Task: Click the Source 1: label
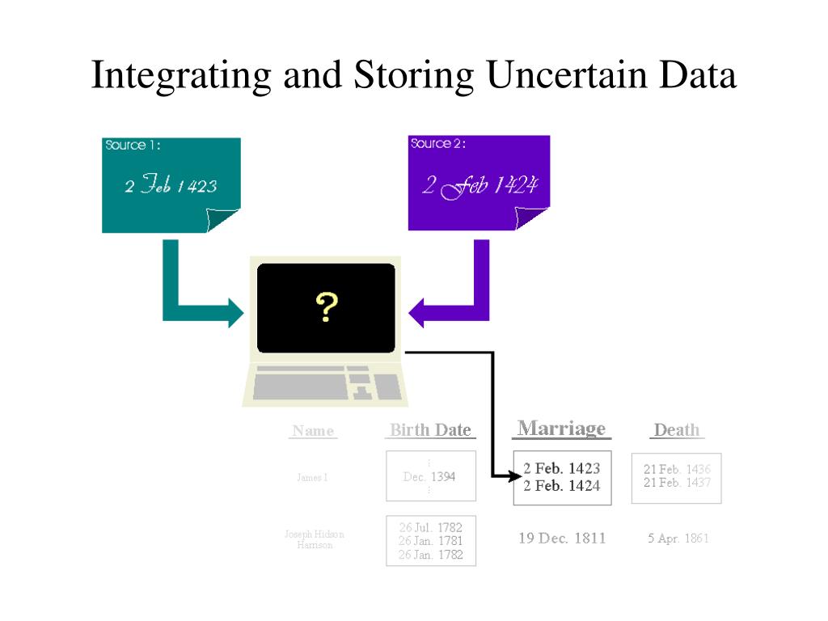click(x=133, y=146)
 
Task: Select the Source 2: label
click(x=437, y=144)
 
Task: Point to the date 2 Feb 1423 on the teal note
click(x=171, y=186)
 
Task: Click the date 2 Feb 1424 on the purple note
click(x=479, y=186)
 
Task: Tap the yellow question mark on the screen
click(x=327, y=307)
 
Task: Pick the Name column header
click(x=313, y=431)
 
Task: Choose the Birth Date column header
click(x=430, y=430)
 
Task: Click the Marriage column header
click(x=561, y=429)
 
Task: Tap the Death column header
click(x=677, y=430)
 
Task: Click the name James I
click(x=312, y=478)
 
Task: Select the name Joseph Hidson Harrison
click(x=315, y=539)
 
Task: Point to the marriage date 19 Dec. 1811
click(x=562, y=539)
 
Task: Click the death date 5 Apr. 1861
click(x=678, y=539)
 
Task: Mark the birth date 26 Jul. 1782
click(x=431, y=528)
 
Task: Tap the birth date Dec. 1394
click(x=429, y=477)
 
